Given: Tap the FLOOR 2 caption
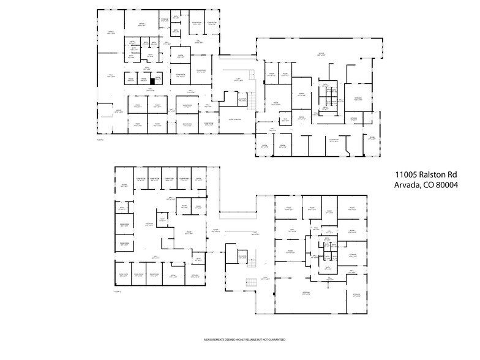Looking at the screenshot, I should click(100, 140).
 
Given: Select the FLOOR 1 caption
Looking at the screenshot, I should click(118, 292).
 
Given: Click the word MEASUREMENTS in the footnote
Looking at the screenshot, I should click(216, 340).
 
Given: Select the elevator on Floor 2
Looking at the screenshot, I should click(242, 100).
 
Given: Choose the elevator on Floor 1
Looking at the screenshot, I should click(242, 257).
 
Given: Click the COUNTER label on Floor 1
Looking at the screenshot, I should click(148, 225).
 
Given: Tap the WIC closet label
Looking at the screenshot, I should click(285, 119).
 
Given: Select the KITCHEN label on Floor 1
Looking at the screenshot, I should click(195, 276).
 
